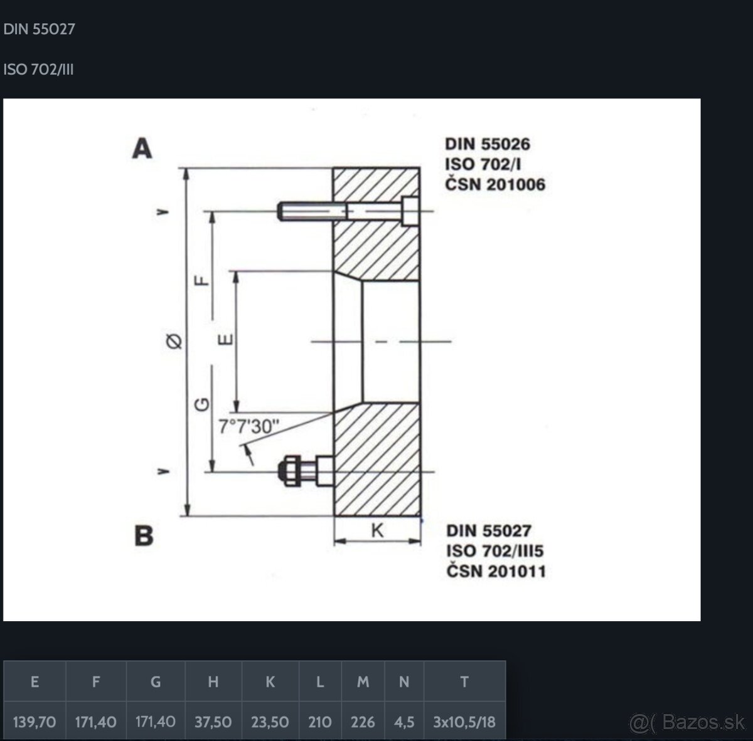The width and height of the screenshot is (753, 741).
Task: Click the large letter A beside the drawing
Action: click(x=142, y=148)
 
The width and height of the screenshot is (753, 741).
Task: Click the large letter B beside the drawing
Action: click(x=144, y=535)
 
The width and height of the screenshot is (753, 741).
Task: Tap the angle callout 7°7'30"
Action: click(x=248, y=426)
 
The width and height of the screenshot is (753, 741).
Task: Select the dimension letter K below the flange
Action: click(x=377, y=530)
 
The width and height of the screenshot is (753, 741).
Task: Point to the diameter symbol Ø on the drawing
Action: click(x=174, y=341)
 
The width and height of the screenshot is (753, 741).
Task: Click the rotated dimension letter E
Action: click(x=225, y=340)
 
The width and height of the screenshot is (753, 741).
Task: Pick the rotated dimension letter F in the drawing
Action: click(x=202, y=280)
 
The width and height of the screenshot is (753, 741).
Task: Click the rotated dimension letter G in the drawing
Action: click(x=202, y=404)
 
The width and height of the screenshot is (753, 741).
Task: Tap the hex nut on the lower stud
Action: click(x=289, y=471)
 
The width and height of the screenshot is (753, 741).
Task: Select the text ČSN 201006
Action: click(x=494, y=184)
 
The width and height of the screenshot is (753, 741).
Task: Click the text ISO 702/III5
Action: click(x=494, y=551)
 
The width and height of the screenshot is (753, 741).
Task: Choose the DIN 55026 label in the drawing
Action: click(x=488, y=144)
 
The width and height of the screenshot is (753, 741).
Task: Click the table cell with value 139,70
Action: click(x=35, y=722)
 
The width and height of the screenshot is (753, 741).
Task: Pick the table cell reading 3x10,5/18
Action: click(x=464, y=722)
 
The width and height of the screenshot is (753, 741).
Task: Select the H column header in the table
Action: click(x=213, y=681)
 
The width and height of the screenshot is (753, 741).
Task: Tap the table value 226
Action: click(x=363, y=722)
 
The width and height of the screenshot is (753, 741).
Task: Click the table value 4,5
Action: click(x=403, y=722)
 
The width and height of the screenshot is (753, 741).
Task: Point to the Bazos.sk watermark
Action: click(x=687, y=722)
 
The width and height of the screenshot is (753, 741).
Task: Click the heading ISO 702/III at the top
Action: click(x=38, y=70)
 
